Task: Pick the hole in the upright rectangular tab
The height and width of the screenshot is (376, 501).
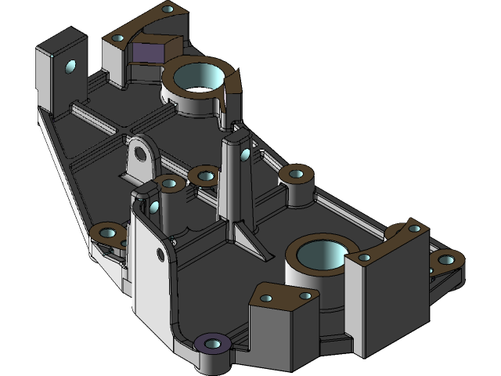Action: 72,67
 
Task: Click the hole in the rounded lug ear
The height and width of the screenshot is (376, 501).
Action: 141,153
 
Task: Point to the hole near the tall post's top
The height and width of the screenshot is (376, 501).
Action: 246,154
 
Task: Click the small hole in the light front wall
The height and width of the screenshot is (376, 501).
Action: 162,252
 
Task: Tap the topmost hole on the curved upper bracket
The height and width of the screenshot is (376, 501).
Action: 168,9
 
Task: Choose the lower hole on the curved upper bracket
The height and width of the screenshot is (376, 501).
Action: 120,36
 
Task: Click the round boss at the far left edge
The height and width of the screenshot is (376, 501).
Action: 106,233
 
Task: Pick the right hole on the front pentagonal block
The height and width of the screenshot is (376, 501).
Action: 305,295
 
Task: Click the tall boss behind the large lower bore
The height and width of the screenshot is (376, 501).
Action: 298,174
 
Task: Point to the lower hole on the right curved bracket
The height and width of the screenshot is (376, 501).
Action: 365,257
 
